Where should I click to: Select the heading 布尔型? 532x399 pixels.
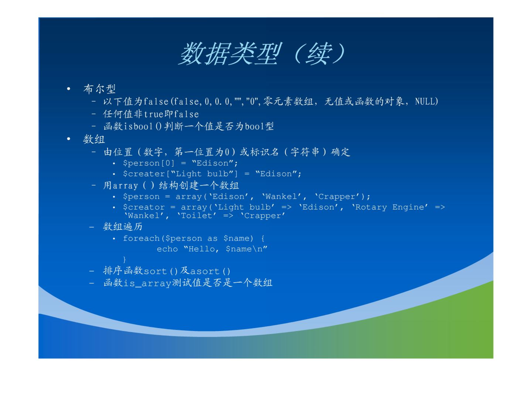pos(99,89)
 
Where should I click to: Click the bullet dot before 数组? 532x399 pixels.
pos(68,139)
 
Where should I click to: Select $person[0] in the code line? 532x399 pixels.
pos(149,163)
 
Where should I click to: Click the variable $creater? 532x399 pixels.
pos(144,174)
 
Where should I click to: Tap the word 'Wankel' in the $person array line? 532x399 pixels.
pos(282,196)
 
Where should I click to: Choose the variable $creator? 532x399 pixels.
pos(144,207)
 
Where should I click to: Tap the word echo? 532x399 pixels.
pos(167,249)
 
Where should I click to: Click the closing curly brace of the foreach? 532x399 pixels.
pos(125,260)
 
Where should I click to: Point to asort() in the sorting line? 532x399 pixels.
pos(210,271)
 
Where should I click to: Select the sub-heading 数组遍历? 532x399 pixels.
pos(123,227)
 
